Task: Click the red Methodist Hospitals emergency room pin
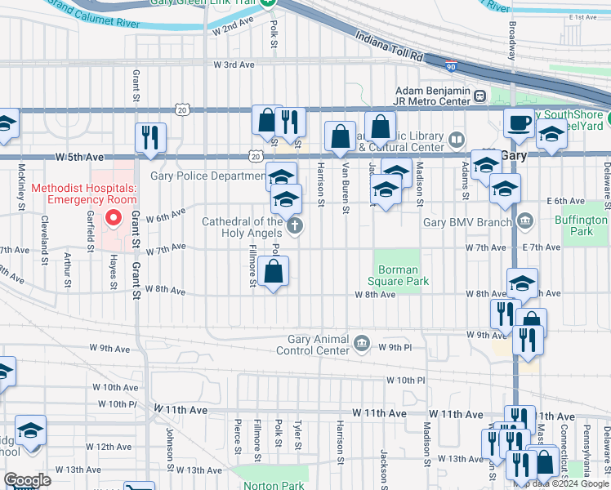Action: (114, 219)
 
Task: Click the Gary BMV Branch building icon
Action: (524, 220)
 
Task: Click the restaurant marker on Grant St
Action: (150, 138)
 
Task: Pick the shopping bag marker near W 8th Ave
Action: (275, 271)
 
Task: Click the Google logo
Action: (27, 480)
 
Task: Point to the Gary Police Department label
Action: (207, 176)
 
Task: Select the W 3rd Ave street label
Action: (234, 64)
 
